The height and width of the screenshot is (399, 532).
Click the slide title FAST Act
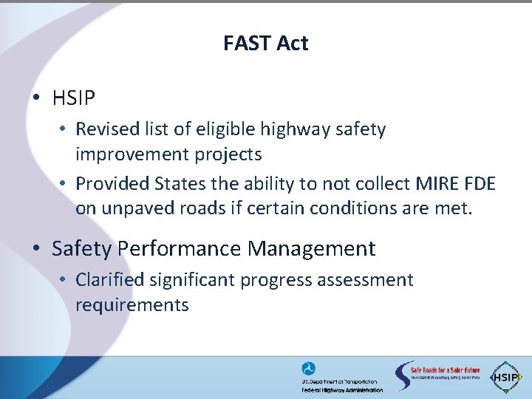click(x=265, y=44)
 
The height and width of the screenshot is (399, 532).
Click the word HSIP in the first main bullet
click(x=74, y=98)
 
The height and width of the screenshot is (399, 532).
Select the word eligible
click(x=223, y=129)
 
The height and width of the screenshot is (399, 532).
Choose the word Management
click(x=312, y=249)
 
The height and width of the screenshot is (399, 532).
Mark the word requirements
click(x=132, y=305)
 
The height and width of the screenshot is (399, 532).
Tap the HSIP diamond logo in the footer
click(x=507, y=376)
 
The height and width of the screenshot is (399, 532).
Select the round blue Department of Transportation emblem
click(x=308, y=369)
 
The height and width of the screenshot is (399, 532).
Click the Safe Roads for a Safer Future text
click(x=445, y=369)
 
